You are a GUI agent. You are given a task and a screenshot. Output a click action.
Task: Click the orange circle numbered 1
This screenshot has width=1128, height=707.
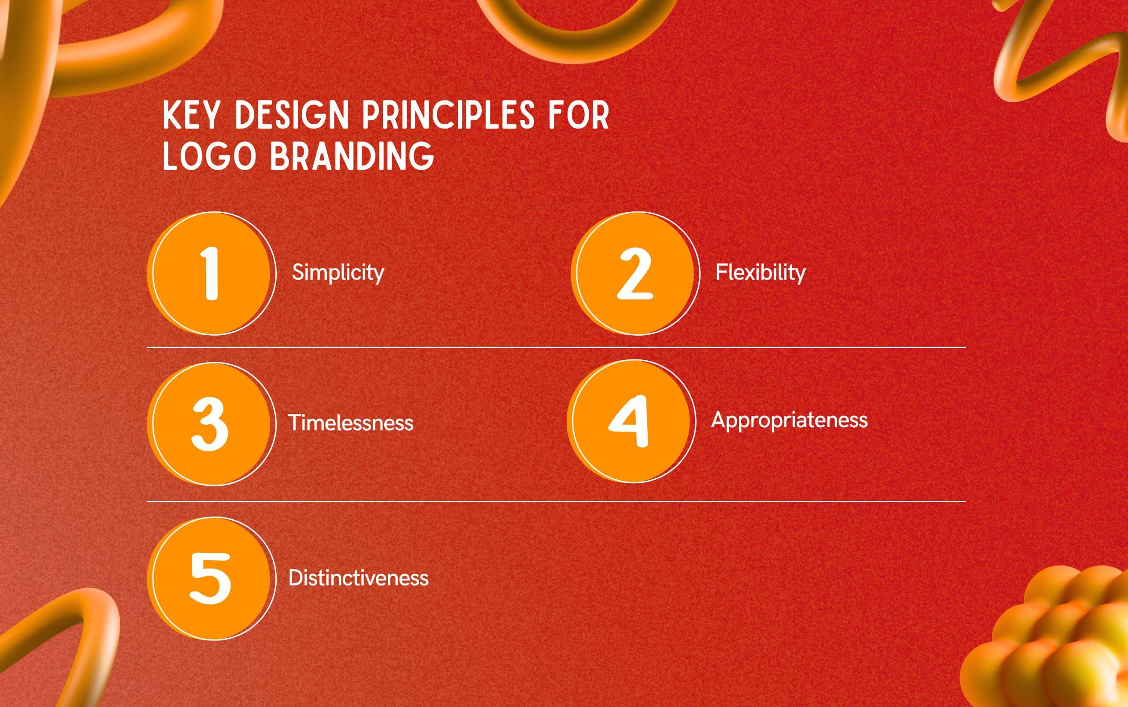[x=210, y=274]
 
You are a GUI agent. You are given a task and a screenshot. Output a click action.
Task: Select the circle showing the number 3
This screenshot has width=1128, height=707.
[x=210, y=423]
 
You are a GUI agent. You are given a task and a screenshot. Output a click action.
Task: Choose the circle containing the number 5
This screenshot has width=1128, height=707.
[x=210, y=578]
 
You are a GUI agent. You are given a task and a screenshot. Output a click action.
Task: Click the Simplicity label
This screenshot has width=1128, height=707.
[x=338, y=272]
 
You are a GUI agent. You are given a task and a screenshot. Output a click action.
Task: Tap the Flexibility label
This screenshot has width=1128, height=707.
[x=761, y=272]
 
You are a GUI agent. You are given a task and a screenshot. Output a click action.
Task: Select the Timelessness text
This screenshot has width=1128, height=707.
[x=351, y=423]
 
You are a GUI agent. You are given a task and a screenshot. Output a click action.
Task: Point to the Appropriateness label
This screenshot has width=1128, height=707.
[x=790, y=420]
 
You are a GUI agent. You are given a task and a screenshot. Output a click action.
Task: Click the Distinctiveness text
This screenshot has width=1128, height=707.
[x=358, y=578]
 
